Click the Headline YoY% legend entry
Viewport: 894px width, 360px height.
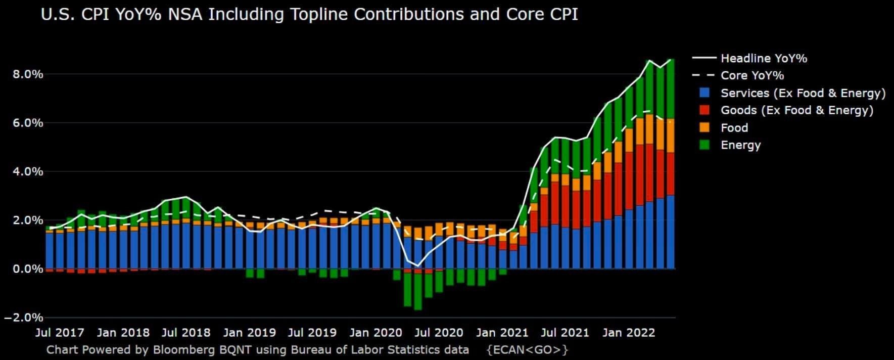coord(763,59)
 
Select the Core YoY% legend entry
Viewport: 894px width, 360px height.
coord(752,76)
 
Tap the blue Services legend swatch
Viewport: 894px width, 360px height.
coord(704,93)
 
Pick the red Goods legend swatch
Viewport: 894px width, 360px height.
coord(704,110)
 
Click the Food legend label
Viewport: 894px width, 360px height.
coord(734,128)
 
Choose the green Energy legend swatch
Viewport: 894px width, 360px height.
coord(704,145)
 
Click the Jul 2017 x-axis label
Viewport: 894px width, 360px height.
coord(60,333)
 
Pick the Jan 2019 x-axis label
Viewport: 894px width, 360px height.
coord(250,333)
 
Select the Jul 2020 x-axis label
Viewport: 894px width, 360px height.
coord(439,333)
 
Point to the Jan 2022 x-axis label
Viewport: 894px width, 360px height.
coord(629,333)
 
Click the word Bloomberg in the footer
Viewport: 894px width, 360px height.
coord(181,349)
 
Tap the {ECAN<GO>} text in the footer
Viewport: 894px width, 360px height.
coord(527,349)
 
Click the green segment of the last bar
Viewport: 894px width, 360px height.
coord(670,89)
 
